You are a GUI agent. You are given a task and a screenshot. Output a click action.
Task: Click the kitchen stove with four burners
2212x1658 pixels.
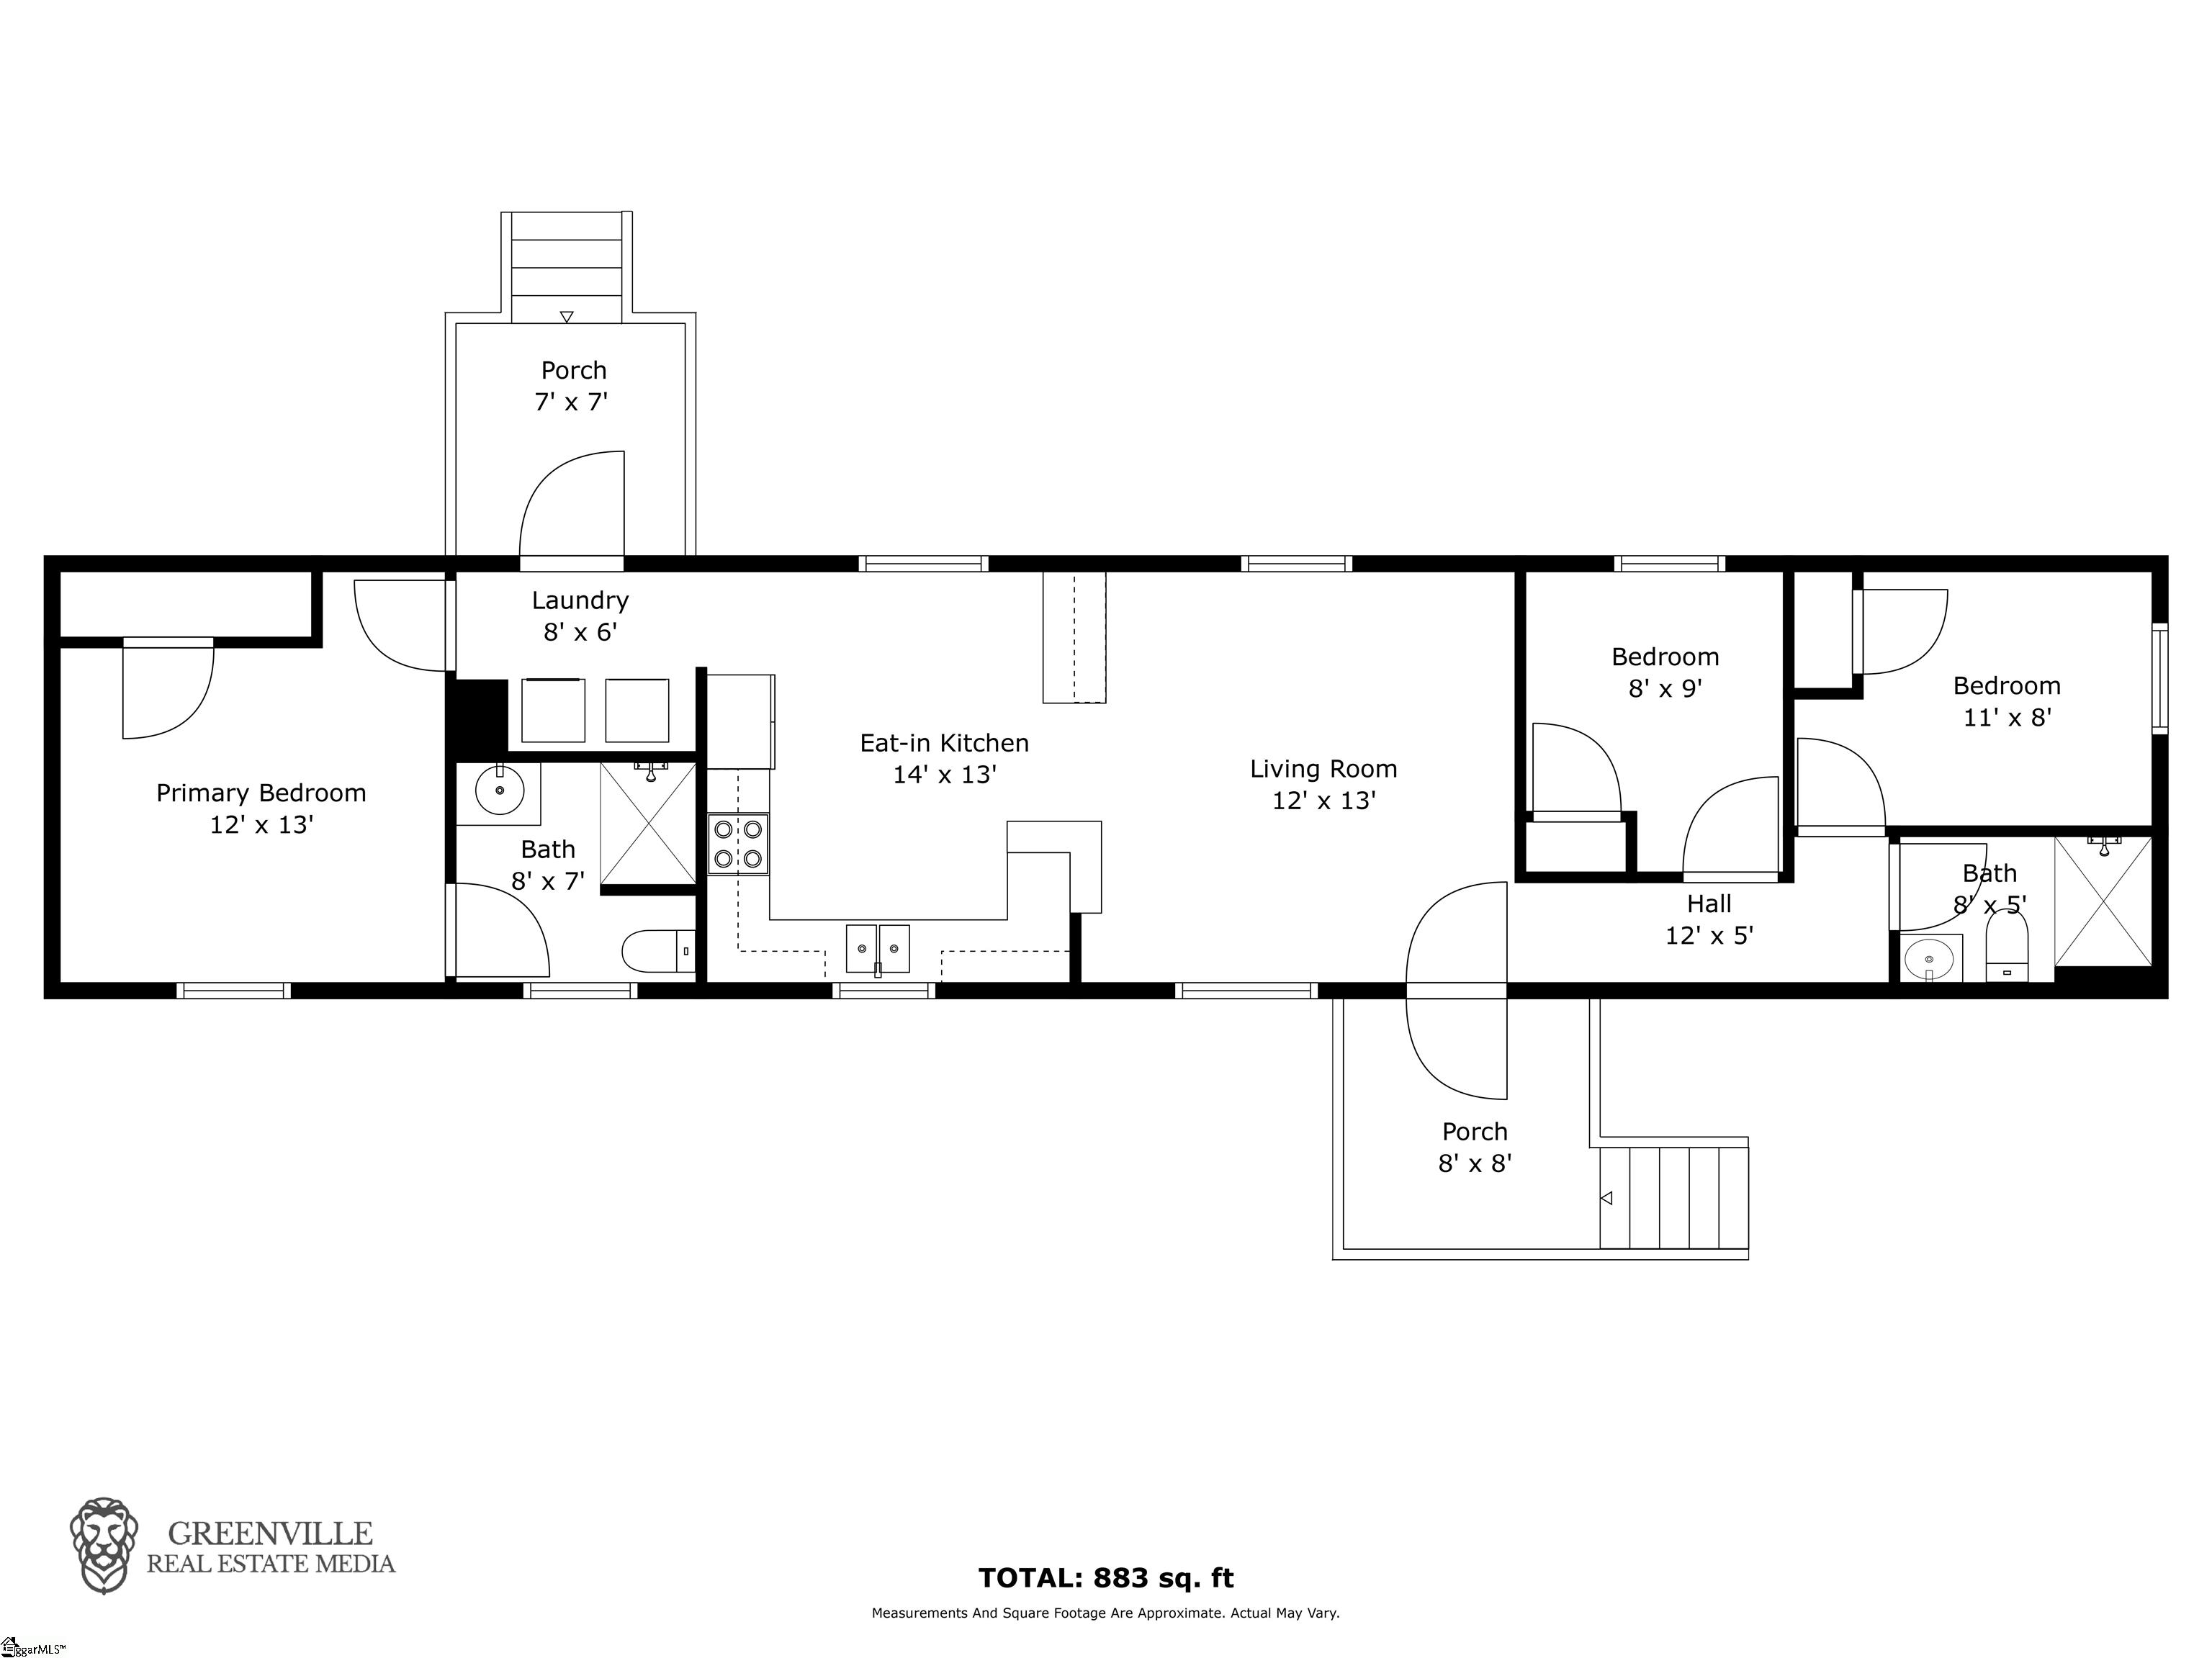point(738,844)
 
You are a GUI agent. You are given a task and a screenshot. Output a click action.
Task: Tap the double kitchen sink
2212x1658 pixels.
point(878,948)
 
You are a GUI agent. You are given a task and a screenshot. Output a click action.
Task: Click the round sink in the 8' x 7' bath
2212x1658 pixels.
point(499,793)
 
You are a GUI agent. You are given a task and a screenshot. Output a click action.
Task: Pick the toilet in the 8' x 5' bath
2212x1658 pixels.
point(2006,946)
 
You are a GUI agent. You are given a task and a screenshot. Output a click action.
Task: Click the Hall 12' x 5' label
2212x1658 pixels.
point(1709,919)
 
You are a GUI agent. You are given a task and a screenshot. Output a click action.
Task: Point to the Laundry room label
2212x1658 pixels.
point(580,600)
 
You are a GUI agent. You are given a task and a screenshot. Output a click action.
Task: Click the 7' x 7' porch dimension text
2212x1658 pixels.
point(571,402)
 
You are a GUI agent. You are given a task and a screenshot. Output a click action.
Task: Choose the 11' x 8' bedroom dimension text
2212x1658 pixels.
point(2007,717)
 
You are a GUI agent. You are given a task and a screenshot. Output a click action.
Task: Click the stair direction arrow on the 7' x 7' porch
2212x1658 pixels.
point(567,317)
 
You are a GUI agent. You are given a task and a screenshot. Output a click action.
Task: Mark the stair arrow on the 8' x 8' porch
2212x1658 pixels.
point(1606,1198)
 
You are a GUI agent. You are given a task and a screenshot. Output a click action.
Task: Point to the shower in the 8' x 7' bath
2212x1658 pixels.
point(648,823)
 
